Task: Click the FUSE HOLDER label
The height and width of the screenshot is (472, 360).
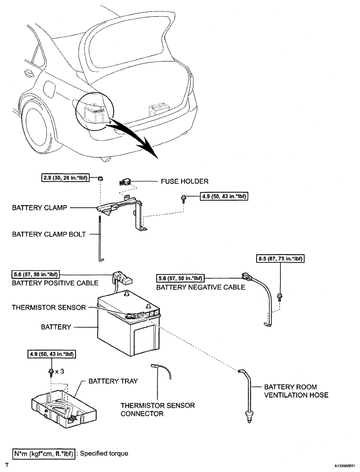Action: coord(184,181)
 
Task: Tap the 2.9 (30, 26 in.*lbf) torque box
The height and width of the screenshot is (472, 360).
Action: coord(65,177)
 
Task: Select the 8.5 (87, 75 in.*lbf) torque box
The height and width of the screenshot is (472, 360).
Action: coord(280,258)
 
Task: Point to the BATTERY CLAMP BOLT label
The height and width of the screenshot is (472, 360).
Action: coord(49,234)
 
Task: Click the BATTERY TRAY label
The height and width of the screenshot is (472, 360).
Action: coord(113,381)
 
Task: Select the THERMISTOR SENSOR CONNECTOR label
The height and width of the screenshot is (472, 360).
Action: coord(157,409)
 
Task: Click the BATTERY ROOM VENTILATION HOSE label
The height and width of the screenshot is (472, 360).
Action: coord(296,391)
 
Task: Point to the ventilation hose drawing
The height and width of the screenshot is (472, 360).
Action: coord(246,395)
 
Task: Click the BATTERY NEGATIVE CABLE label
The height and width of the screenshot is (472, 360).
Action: coord(200,287)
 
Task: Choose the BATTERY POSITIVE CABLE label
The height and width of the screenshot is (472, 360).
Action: coord(55,283)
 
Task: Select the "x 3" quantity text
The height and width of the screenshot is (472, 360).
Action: coord(59,372)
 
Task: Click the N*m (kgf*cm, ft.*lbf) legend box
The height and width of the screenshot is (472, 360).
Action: coord(43,453)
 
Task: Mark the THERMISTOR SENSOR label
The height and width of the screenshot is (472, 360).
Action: coord(49,307)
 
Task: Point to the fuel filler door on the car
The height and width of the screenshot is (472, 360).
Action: coord(49,87)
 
